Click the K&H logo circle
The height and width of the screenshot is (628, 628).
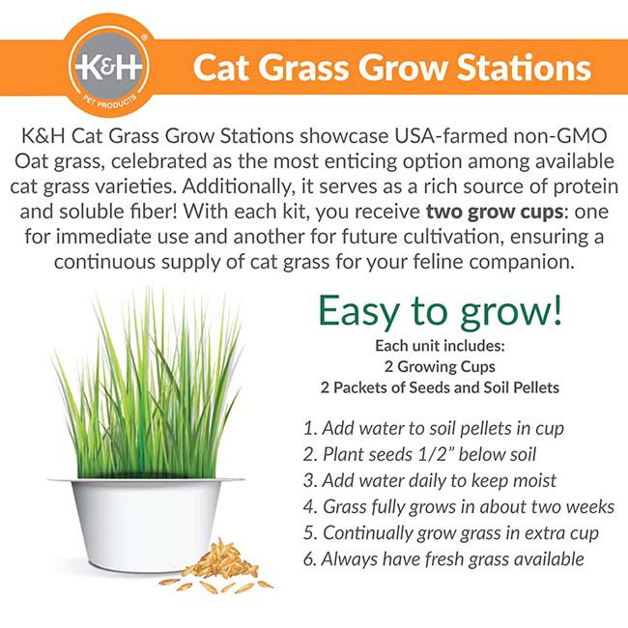point(109,67)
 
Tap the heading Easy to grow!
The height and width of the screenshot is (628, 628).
point(440,311)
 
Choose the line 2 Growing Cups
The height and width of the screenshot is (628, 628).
point(440,366)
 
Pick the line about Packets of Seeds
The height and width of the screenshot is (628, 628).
point(440,387)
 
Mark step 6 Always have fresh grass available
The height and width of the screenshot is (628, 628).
point(443,558)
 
